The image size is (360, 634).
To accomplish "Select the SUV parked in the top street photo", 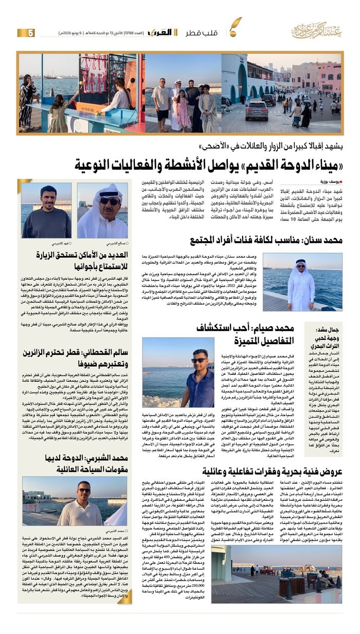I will click(x=256, y=110).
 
